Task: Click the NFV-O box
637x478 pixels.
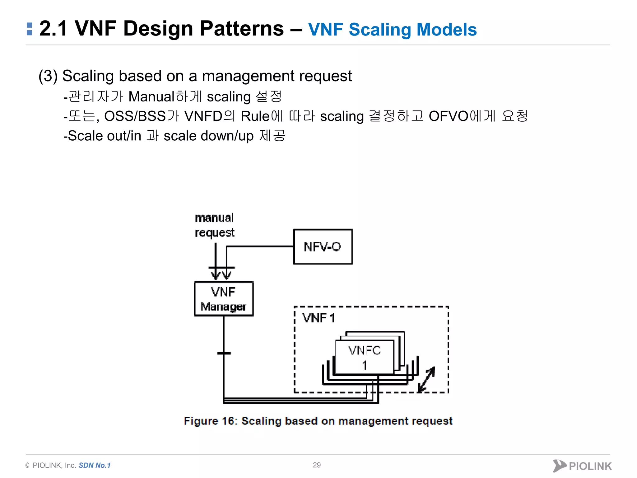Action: coord(323,247)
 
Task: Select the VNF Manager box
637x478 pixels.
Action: coord(224,299)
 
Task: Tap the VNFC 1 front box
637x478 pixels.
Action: coord(365,357)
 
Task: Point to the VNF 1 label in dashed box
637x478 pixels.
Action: coord(318,318)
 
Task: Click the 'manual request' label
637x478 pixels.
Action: coord(214,225)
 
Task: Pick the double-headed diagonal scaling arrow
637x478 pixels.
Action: coord(426,379)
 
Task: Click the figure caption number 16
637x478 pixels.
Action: coord(228,421)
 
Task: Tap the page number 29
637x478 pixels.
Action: coord(317,465)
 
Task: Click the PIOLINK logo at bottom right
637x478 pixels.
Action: coord(582,466)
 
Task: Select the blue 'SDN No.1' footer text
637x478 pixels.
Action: coord(95,465)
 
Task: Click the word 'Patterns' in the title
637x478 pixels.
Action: coord(242,29)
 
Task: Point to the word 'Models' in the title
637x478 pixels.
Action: coord(446,30)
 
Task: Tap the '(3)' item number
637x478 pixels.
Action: coord(48,76)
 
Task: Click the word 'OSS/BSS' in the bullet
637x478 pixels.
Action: coord(135,116)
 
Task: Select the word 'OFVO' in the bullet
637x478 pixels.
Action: coord(448,116)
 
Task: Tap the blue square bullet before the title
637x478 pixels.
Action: coord(30,29)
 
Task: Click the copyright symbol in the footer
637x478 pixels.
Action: coord(27,466)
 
